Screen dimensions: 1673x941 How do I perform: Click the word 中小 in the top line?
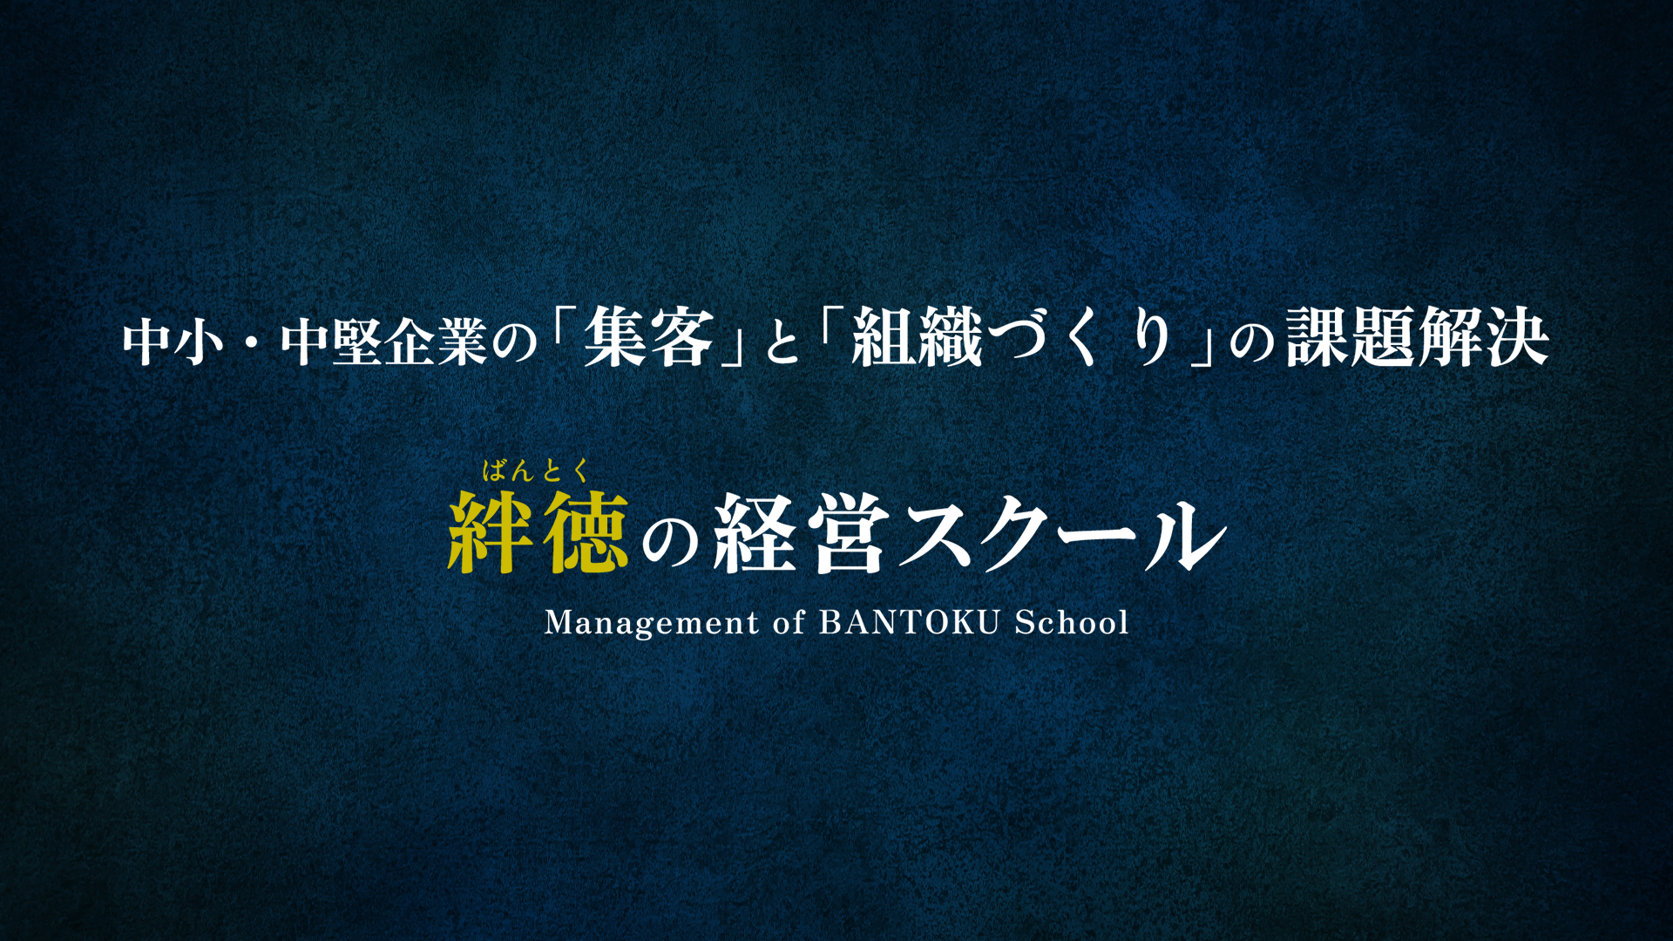point(173,342)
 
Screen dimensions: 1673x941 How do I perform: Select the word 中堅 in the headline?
point(331,342)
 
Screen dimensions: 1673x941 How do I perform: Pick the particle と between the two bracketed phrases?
point(782,343)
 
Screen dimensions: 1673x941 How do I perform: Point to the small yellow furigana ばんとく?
point(537,471)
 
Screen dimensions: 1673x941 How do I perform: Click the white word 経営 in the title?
point(801,532)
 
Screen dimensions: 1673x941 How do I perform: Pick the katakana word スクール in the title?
point(1064,534)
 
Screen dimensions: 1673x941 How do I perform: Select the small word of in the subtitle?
point(789,622)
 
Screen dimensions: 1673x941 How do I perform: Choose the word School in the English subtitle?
point(1072,622)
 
